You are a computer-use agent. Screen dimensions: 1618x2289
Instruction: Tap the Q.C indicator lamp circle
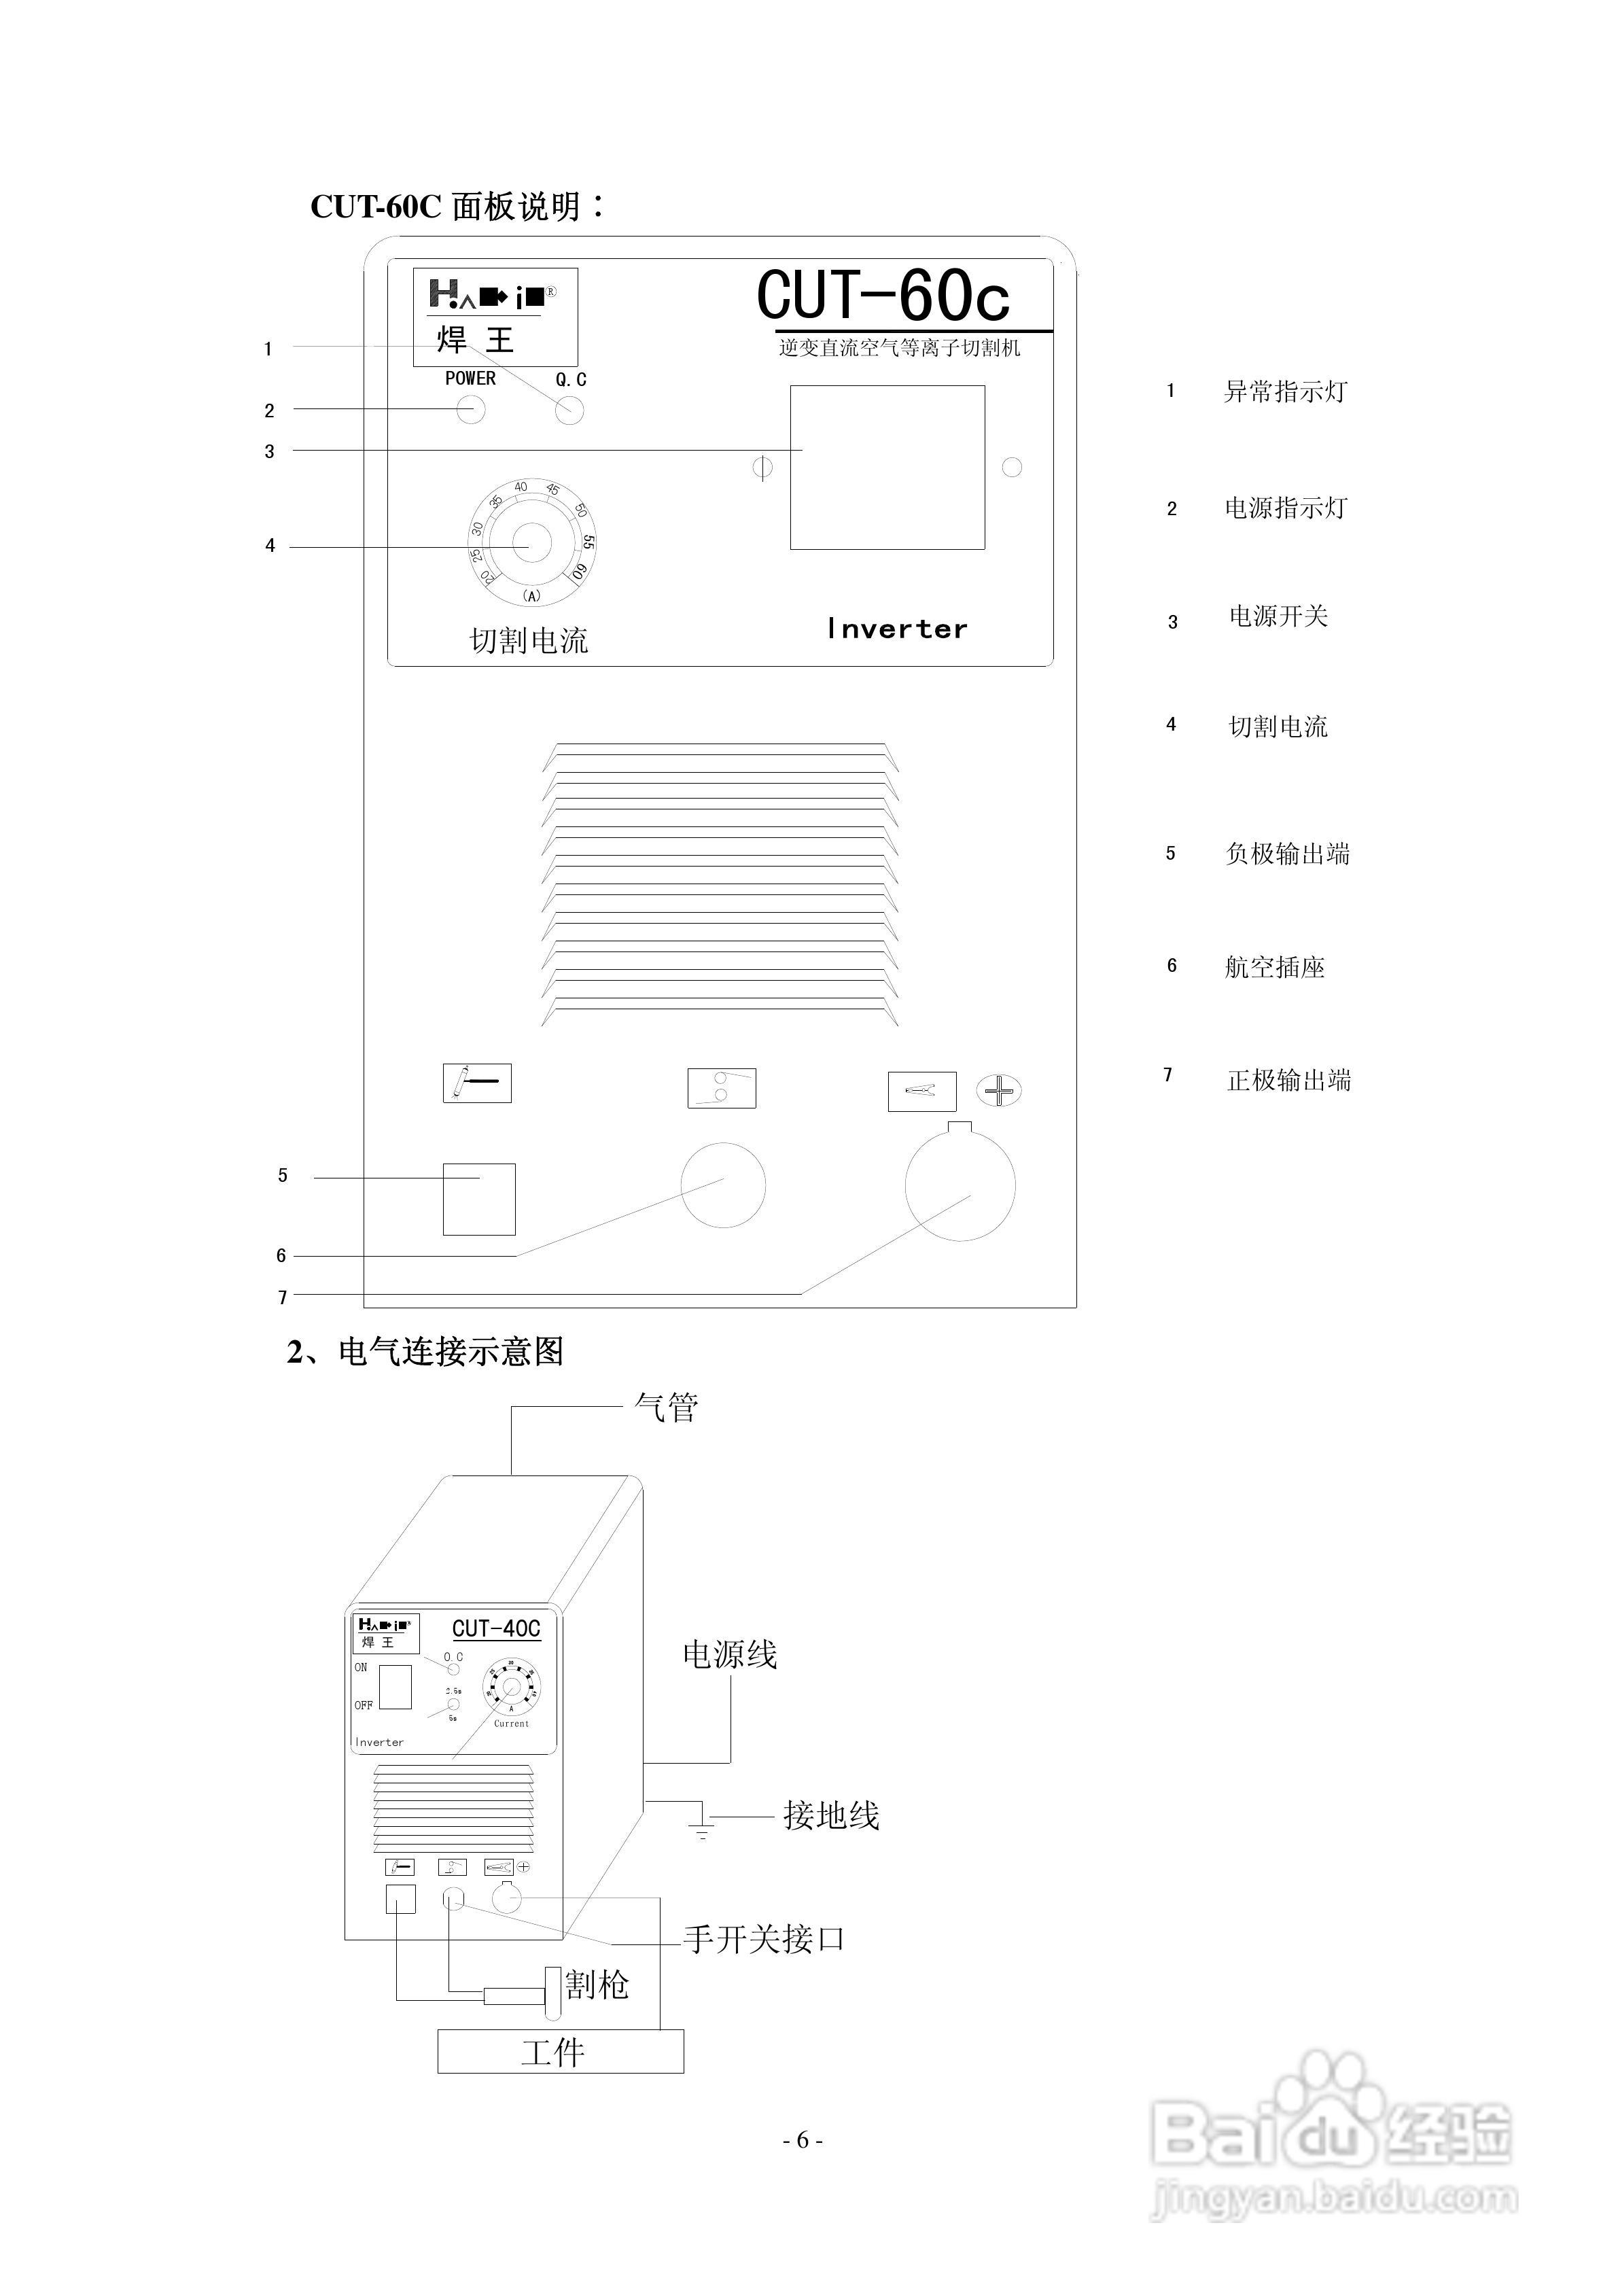point(569,410)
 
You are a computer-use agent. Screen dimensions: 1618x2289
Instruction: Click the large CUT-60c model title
point(883,296)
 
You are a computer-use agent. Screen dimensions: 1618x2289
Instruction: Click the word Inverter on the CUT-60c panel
point(897,629)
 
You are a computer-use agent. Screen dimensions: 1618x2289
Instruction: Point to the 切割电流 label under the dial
point(529,641)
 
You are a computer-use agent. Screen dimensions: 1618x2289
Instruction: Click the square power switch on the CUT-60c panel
point(887,468)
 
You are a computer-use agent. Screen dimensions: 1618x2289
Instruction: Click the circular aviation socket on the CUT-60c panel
point(723,1185)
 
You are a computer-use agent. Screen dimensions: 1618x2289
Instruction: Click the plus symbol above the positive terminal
point(999,1091)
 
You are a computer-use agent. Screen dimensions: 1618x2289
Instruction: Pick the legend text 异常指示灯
point(1285,391)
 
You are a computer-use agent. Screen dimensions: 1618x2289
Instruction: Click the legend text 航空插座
point(1274,967)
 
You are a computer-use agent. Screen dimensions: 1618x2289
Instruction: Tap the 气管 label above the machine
point(666,1408)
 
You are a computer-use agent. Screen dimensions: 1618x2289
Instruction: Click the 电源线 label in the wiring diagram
point(728,1655)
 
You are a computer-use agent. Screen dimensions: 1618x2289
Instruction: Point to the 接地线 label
point(830,1815)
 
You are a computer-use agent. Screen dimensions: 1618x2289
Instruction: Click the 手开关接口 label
point(764,1939)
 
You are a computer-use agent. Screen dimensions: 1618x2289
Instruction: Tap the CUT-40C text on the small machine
point(495,1628)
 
